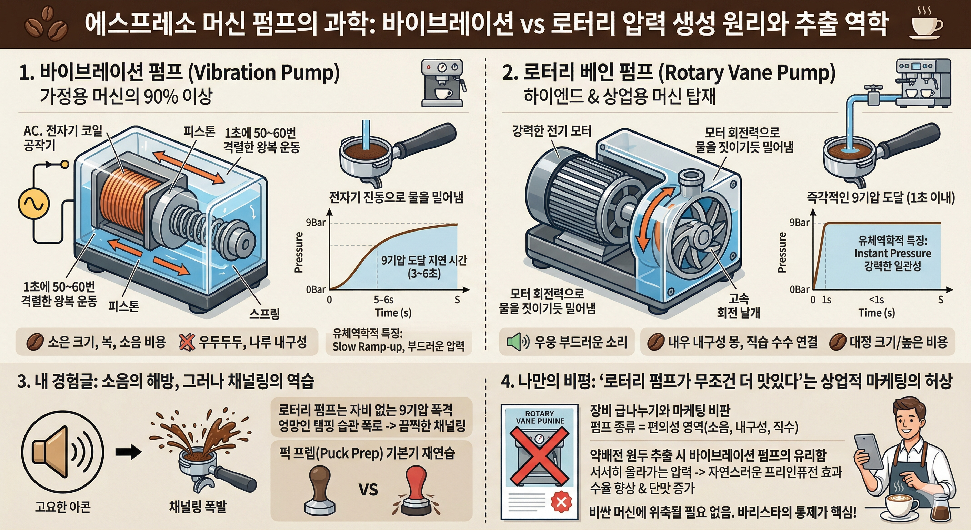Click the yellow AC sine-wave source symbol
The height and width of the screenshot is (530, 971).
(33, 204)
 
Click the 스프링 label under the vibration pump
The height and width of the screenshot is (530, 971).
(264, 313)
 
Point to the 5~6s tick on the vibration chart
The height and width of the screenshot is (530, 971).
(383, 300)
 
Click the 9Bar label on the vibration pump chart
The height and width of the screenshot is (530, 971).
(316, 223)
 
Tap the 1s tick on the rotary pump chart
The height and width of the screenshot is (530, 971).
(827, 300)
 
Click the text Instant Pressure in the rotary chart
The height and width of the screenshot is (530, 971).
(892, 253)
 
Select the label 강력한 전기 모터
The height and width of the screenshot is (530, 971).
(551, 131)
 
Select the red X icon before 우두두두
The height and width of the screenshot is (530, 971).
(186, 342)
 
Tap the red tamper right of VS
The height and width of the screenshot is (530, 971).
(416, 490)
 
